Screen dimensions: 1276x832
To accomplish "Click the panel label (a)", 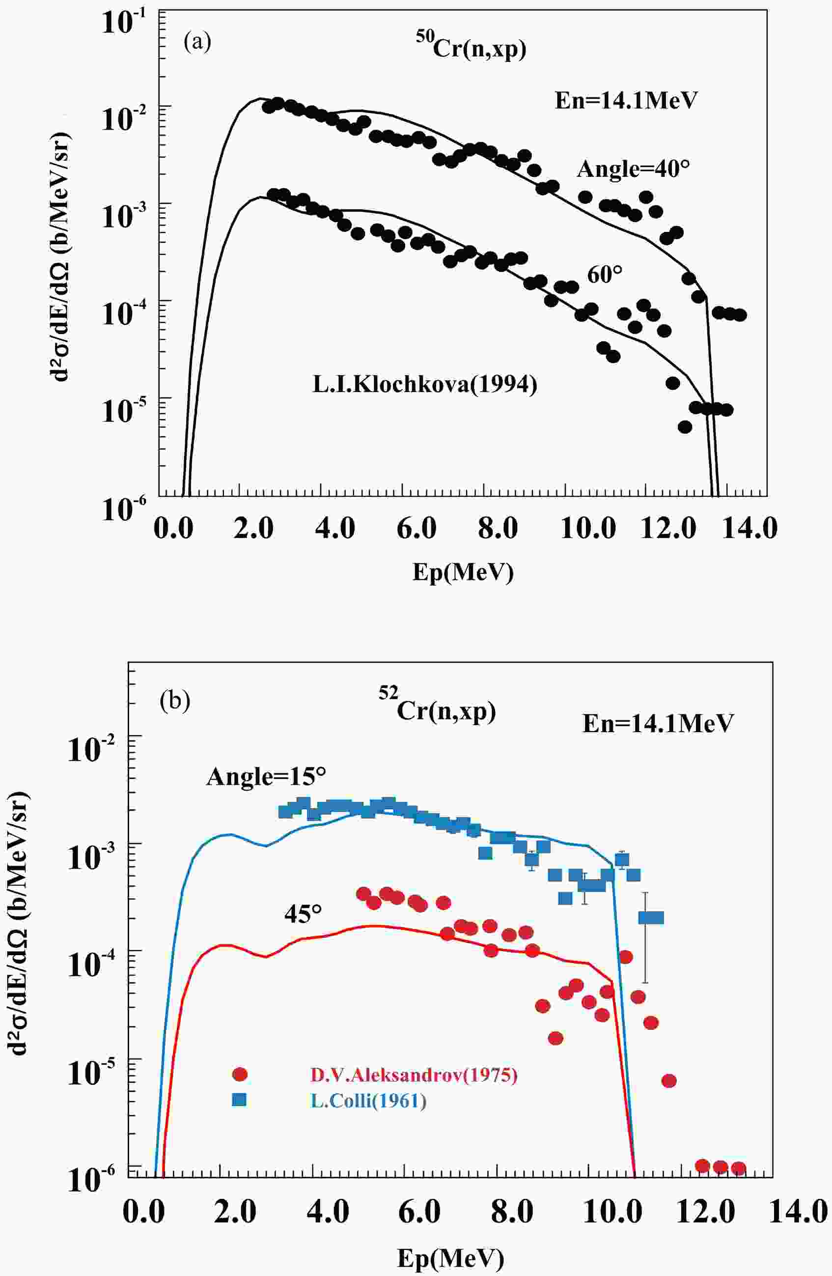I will tap(197, 42).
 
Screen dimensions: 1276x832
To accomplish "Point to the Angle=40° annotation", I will tap(633, 170).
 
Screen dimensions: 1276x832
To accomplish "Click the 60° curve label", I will tap(605, 275).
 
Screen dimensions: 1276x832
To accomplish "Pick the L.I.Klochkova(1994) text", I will tap(424, 384).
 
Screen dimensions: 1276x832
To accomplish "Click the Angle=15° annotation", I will tap(266, 776).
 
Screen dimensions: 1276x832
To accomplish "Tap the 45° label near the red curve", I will tap(304, 913).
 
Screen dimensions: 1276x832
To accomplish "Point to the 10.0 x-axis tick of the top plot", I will tap(588, 529).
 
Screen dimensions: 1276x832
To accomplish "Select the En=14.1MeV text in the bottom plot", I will tap(658, 724).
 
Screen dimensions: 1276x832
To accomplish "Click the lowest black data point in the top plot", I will tap(685, 427).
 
